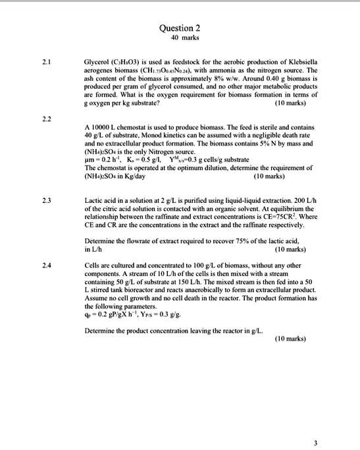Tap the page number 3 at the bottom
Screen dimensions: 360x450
(315, 442)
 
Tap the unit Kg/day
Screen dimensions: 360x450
(138, 177)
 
